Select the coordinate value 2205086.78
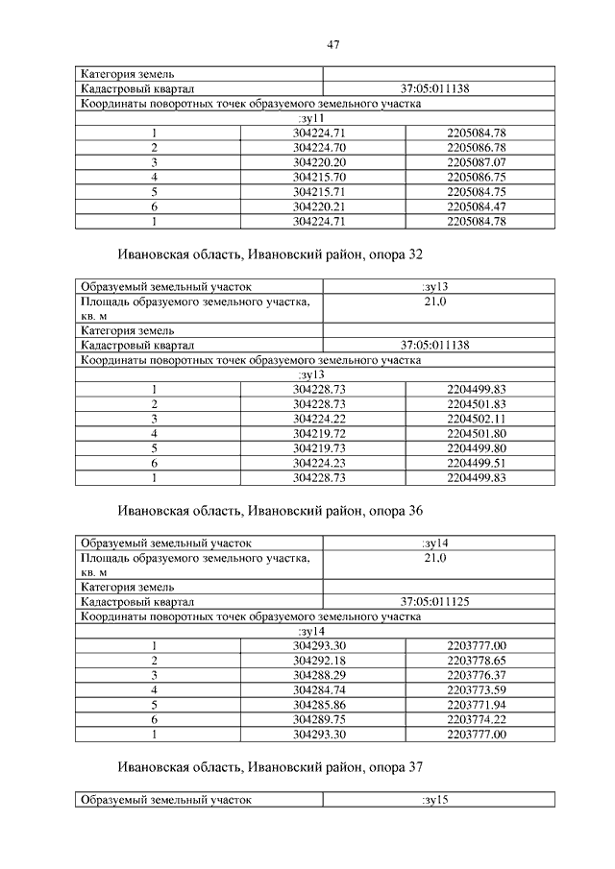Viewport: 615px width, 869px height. point(477,147)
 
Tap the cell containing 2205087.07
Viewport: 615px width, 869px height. point(477,162)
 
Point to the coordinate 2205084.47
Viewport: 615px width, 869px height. point(477,206)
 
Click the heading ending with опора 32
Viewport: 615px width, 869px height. point(270,254)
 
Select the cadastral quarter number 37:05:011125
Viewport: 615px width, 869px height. point(435,602)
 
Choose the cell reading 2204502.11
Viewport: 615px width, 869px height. point(477,419)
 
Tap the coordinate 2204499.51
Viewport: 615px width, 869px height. point(477,463)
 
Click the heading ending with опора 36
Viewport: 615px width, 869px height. point(270,511)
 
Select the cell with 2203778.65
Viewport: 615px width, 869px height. point(477,661)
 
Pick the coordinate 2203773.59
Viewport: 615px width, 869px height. point(477,690)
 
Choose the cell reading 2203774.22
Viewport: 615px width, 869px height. point(477,719)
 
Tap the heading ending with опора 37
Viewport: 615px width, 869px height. point(270,767)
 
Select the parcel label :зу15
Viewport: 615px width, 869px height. point(435,799)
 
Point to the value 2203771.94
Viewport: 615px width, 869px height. point(477,705)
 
